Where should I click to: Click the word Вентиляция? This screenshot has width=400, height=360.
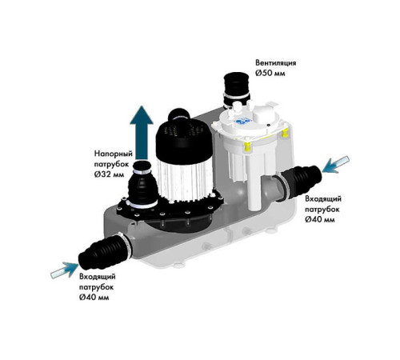tap(276, 63)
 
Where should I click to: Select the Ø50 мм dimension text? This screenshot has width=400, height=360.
tap(270, 73)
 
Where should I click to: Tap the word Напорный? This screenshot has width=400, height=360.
tap(114, 154)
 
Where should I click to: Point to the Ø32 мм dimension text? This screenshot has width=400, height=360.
tap(109, 174)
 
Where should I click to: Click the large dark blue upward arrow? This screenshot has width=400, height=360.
tap(142, 133)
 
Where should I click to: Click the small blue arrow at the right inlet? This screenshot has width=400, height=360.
tap(335, 164)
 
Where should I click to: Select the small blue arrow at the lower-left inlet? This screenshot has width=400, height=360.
tap(64, 270)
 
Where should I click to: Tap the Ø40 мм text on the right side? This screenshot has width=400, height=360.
tap(320, 219)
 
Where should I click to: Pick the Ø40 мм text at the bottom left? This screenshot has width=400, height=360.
tap(94, 297)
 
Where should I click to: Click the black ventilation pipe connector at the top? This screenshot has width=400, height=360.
tap(236, 90)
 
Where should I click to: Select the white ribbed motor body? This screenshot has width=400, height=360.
tap(185, 180)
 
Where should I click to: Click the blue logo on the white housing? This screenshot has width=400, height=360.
tap(242, 121)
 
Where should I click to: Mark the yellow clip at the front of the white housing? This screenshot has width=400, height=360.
tap(247, 146)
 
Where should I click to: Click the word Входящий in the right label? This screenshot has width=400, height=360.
tap(323, 199)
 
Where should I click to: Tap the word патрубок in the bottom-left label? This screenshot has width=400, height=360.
tap(96, 287)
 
